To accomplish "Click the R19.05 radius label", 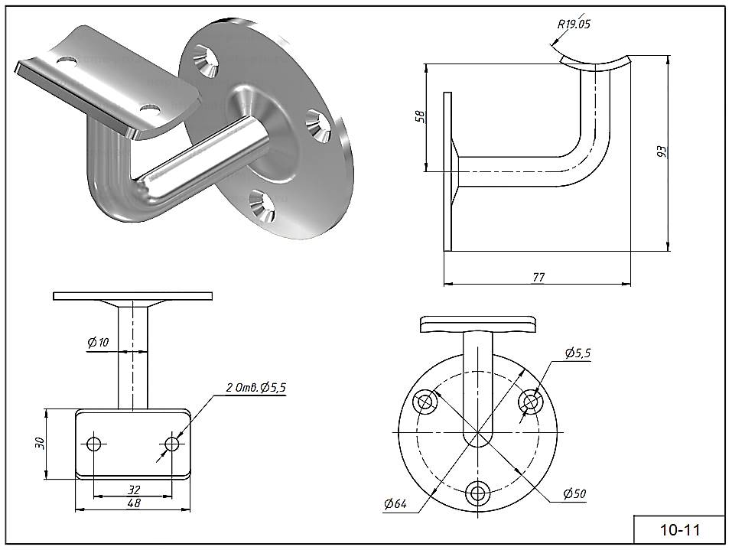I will [574, 24].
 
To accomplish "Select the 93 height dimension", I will [662, 151].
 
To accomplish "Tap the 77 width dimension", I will [538, 277].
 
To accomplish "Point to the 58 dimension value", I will [419, 116].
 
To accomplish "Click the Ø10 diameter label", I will [98, 343].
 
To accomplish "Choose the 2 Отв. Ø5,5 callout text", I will [255, 388].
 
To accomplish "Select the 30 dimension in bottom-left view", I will [40, 444].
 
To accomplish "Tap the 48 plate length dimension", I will [133, 503].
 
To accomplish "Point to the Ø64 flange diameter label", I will [395, 503].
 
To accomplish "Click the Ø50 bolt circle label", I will [573, 494].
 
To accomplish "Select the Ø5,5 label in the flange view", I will [577, 353].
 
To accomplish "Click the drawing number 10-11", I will [679, 529].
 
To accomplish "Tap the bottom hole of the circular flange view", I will [480, 493].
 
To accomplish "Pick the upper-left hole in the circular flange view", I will [425, 401].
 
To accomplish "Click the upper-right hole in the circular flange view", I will [531, 401].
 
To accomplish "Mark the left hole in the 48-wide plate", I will [95, 444].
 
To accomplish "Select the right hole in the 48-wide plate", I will [172, 444].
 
